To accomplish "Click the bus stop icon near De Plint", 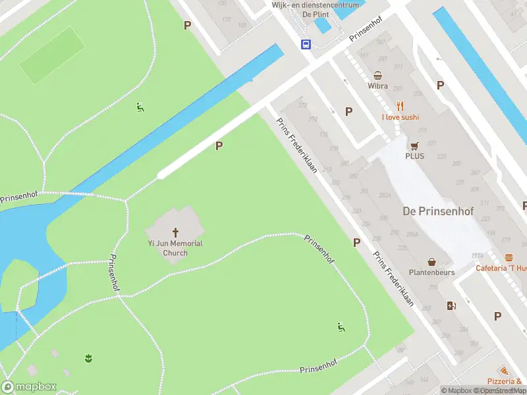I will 306,44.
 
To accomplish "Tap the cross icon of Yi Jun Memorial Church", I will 176,232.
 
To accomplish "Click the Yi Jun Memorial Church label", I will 175,248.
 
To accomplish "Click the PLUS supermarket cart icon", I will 414,145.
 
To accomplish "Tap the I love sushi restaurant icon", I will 400,106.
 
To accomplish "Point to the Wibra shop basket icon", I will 378,75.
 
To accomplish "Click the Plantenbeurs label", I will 431,272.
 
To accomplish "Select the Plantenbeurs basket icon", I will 431,261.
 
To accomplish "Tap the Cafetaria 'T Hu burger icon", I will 509,257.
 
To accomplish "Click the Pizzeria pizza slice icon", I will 504,371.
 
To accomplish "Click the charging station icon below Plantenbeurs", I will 451,305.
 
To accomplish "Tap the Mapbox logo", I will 29,387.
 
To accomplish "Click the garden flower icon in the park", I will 88,358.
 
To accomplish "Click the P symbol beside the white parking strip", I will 219,146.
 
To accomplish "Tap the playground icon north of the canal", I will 140,107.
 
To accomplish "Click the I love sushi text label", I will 400,117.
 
